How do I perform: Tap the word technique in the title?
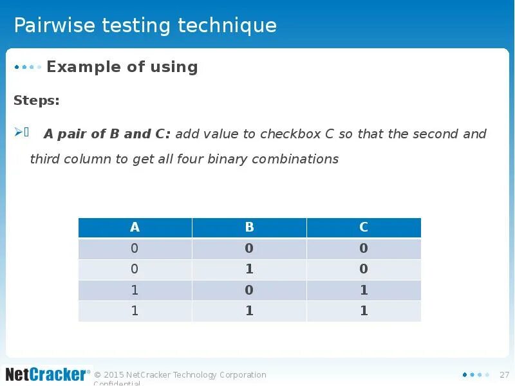pos(227,26)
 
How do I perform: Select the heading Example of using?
pos(122,67)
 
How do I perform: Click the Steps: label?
pos(36,100)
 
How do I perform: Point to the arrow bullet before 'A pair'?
pos(18,133)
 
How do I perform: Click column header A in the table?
pos(135,227)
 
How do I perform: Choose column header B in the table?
pos(249,227)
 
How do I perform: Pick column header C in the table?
pos(364,227)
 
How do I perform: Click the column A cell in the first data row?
pos(135,248)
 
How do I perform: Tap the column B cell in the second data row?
pos(249,269)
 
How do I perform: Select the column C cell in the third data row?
pos(364,290)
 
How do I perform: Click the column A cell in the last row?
pos(135,311)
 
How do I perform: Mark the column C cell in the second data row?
pos(364,269)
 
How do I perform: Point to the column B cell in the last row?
pos(249,311)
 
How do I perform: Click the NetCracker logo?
pos(46,374)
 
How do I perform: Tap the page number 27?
pos(504,375)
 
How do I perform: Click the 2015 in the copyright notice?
pos(113,375)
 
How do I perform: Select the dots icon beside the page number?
pos(476,375)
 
